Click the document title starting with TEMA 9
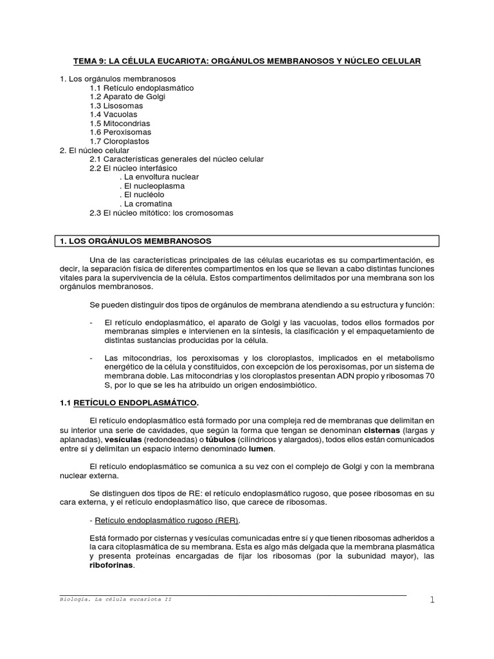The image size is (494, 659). click(x=246, y=60)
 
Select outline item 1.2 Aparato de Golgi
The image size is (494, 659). click(x=127, y=97)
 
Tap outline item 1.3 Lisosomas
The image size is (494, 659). click(x=116, y=106)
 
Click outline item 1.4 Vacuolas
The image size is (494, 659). click(x=114, y=115)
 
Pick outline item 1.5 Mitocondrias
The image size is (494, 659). click(x=120, y=124)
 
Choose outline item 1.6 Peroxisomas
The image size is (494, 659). click(x=119, y=133)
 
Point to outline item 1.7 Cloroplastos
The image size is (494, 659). click(x=119, y=142)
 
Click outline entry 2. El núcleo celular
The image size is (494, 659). click(x=95, y=150)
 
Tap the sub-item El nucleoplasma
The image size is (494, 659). click(x=154, y=186)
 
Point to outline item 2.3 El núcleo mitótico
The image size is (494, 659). click(x=161, y=213)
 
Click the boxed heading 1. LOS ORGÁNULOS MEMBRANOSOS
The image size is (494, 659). click(x=135, y=241)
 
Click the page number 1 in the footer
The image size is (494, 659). click(x=432, y=600)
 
